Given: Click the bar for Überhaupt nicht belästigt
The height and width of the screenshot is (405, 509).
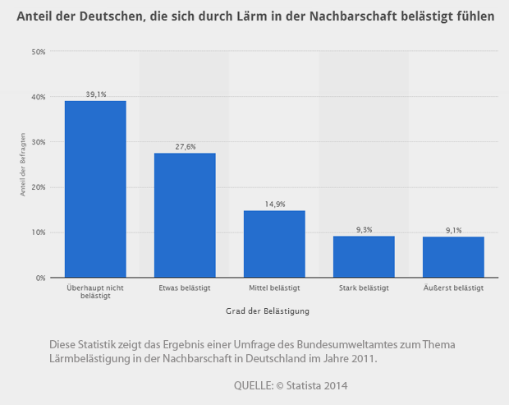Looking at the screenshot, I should point(95,189).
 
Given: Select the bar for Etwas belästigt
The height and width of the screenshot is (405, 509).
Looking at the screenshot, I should point(185,215).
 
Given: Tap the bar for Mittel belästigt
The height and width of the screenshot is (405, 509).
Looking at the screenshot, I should point(274,244).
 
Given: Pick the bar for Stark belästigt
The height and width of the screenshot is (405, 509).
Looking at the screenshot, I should point(364,256).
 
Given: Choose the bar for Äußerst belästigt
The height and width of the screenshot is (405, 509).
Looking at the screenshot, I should point(453,257).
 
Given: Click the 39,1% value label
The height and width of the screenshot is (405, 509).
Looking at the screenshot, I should point(96,94).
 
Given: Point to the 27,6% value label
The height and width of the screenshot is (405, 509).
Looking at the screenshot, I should point(185,146).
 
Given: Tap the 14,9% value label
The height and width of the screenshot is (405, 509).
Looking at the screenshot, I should point(274,204).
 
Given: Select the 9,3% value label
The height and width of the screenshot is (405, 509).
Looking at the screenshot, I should point(364,229).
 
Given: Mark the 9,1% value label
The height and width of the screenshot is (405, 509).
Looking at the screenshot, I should point(453,230).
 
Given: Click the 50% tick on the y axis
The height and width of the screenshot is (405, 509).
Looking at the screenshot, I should point(38,52).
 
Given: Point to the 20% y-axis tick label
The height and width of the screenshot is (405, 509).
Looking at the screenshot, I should point(38,187).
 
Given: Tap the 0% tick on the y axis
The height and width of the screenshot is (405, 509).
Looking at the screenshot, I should point(39,278).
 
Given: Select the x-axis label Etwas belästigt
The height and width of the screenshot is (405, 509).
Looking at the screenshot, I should point(185,288).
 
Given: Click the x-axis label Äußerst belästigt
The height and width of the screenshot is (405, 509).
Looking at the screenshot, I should point(453,288).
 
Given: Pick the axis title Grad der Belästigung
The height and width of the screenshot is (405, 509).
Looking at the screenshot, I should point(267,311).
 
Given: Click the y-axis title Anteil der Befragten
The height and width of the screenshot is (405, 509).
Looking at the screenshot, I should point(24,164).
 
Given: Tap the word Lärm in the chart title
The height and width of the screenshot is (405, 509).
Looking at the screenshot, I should point(230,16).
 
